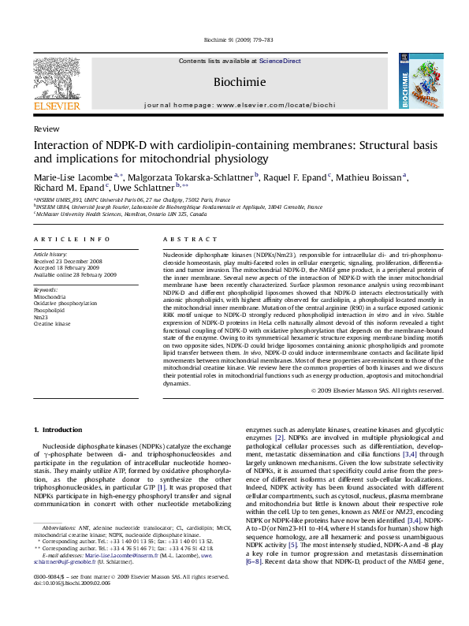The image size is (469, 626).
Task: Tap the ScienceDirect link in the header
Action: [x=280, y=61]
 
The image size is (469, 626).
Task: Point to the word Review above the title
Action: [x=46, y=128]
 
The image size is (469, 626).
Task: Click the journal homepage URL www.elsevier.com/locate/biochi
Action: [x=275, y=105]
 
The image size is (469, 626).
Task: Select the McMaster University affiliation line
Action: [x=121, y=214]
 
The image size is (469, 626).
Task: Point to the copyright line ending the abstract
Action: [x=373, y=390]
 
